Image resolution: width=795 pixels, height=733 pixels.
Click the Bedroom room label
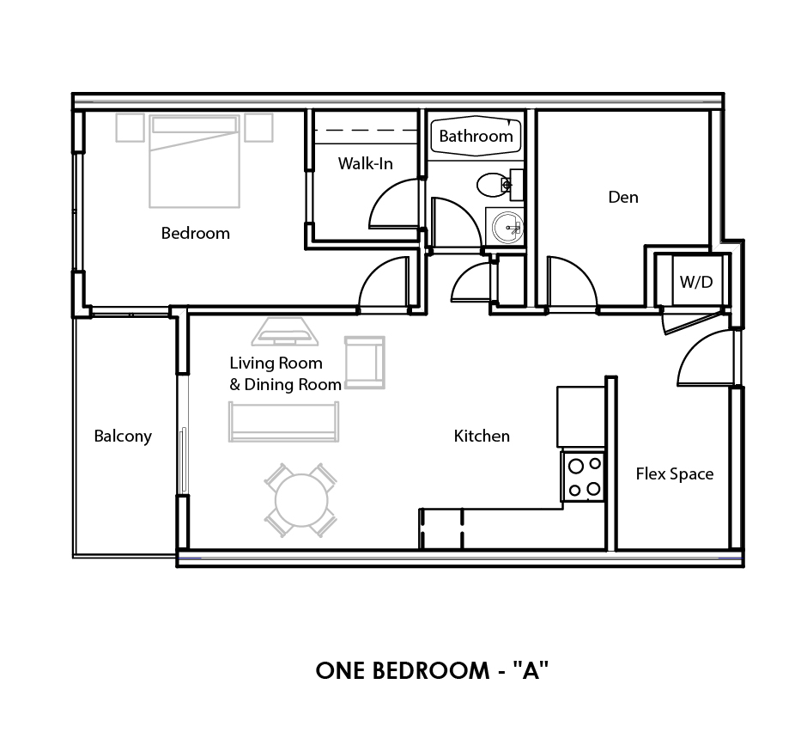[x=196, y=233]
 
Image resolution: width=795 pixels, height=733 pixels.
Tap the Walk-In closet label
[x=365, y=163]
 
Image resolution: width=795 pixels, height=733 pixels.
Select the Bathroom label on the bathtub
[x=476, y=136]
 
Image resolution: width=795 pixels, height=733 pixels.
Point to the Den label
[x=622, y=197]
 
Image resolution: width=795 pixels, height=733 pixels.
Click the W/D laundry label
[x=696, y=282]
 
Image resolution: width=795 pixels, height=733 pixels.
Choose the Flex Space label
[x=674, y=473]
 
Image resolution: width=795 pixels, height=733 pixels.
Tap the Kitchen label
[x=482, y=437]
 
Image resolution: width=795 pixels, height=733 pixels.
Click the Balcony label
[x=123, y=437]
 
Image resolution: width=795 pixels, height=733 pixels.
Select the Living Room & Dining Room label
[x=285, y=374]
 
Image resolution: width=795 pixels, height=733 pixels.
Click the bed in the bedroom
[x=194, y=162]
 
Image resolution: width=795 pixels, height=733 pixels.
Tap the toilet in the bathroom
[x=493, y=184]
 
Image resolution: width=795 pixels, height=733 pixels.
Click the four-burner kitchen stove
[x=583, y=477]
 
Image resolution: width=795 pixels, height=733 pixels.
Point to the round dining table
[x=300, y=499]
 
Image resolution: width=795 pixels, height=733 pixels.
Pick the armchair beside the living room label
[x=364, y=362]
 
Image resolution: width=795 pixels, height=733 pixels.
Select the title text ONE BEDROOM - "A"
[x=432, y=670]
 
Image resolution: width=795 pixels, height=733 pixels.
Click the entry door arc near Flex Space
[x=701, y=357]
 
